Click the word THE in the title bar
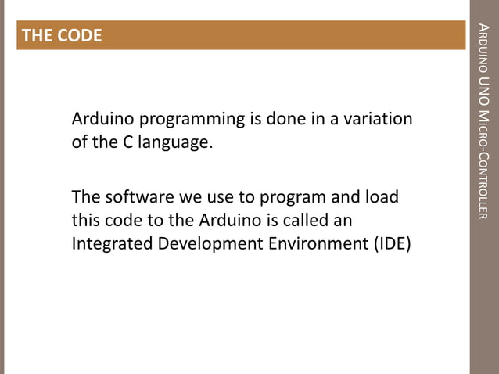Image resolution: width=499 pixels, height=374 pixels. click(x=36, y=36)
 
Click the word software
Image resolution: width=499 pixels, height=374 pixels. click(x=136, y=196)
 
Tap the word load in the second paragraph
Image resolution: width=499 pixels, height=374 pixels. click(x=382, y=196)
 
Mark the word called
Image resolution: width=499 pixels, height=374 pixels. click(x=318, y=220)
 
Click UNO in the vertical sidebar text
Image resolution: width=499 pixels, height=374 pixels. click(x=483, y=93)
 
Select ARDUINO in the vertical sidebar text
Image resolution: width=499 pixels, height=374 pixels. click(x=483, y=51)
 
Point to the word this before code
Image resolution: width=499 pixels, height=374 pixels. click(x=87, y=220)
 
